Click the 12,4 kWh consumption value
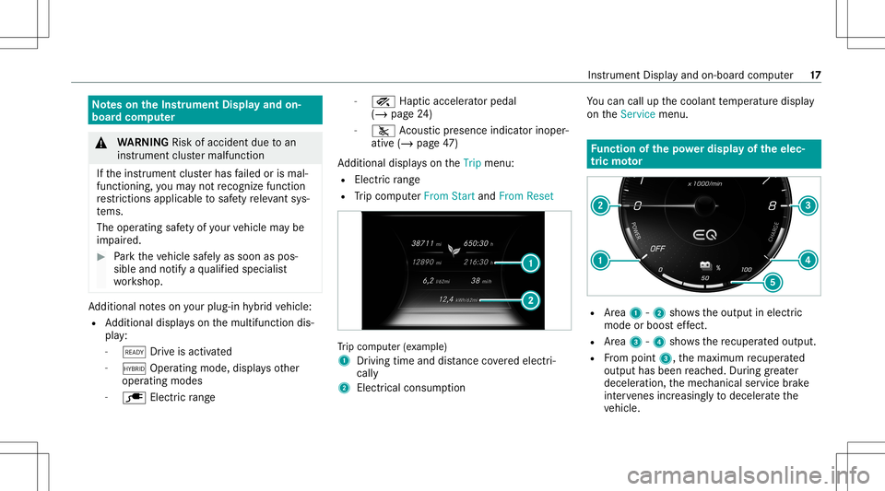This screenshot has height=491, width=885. pos(438,299)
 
